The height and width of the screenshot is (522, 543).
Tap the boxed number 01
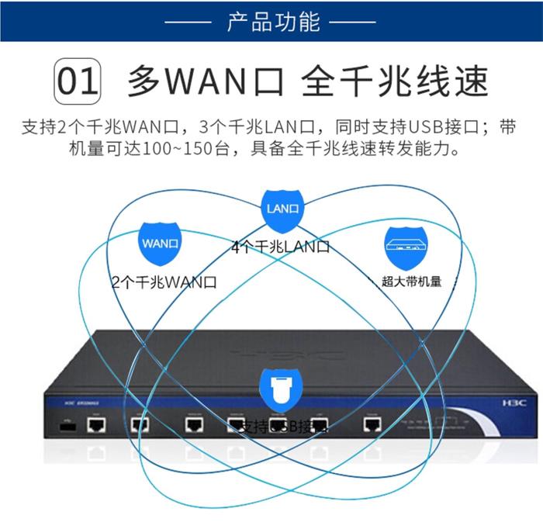point(77,80)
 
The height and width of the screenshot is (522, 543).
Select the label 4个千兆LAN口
point(281,247)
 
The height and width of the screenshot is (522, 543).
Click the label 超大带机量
point(411,282)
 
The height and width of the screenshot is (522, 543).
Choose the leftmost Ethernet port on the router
point(95,424)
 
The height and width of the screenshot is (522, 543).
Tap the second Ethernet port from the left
point(140,424)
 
